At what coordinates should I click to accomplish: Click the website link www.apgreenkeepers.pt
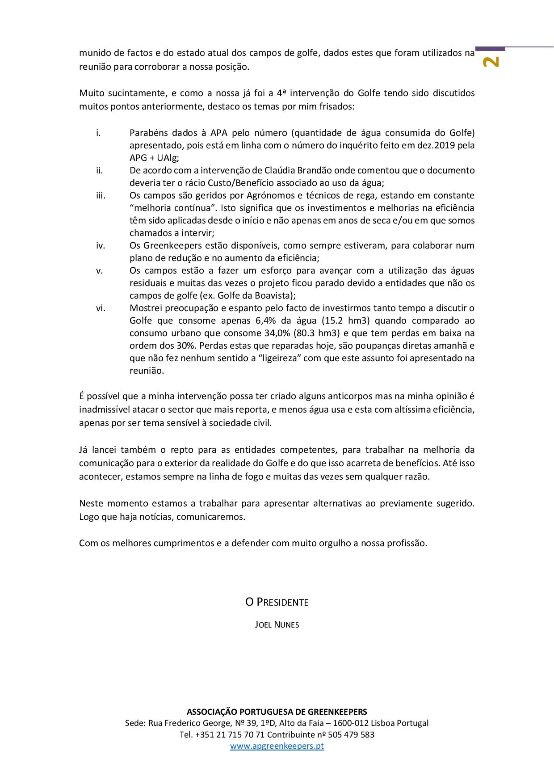point(277,746)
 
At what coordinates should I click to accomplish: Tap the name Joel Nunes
point(277,625)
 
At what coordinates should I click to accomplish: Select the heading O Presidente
point(277,602)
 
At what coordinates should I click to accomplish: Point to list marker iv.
point(100,245)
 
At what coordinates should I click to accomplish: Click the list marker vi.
point(100,308)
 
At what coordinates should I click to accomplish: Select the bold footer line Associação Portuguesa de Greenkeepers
point(277,712)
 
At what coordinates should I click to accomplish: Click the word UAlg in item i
point(167,158)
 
